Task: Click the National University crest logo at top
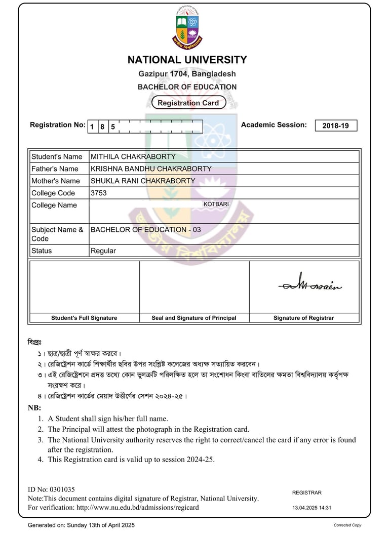187,28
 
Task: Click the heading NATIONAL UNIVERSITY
187,60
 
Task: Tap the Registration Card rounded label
188,103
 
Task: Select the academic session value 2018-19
336,126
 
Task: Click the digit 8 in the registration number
102,127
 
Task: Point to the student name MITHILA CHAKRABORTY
133,157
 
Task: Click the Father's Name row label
55,169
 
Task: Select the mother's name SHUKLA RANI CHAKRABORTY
142,181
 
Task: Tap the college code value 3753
99,193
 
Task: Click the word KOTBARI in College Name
216,204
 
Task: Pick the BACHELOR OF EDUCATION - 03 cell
145,230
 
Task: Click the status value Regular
103,251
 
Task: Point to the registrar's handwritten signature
309,284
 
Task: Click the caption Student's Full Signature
84,318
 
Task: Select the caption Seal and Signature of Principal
194,318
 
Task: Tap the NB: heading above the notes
34,408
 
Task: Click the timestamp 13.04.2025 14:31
312,508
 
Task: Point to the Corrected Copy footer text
347,525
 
